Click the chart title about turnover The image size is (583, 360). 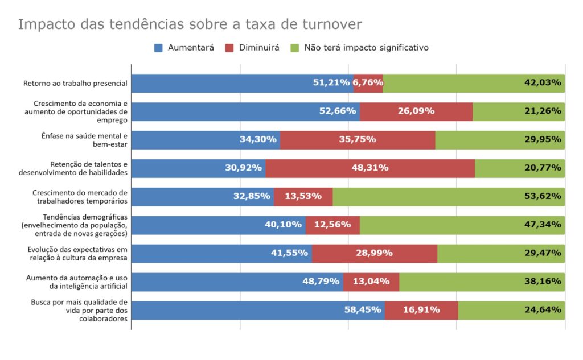tap(190, 24)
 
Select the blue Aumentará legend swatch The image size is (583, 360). tap(159, 48)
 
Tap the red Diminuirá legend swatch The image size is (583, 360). tap(231, 48)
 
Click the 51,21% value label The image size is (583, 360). tap(331, 83)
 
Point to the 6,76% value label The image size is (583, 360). tap(368, 83)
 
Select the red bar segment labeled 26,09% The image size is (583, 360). tap(416, 111)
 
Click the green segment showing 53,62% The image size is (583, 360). tap(449, 197)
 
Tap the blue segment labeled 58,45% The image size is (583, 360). tap(257, 311)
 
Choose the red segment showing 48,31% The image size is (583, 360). tap(369, 168)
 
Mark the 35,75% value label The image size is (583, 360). tap(357, 140)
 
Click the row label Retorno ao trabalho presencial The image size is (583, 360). tap(75, 84)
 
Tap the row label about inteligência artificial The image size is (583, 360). tap(77, 282)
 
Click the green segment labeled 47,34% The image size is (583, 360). tap(462, 225)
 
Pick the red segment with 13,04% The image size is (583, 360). tap(371, 282)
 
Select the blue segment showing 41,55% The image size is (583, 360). tap(221, 254)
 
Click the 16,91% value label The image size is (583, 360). tap(421, 311)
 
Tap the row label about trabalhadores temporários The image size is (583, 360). tap(80, 197)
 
